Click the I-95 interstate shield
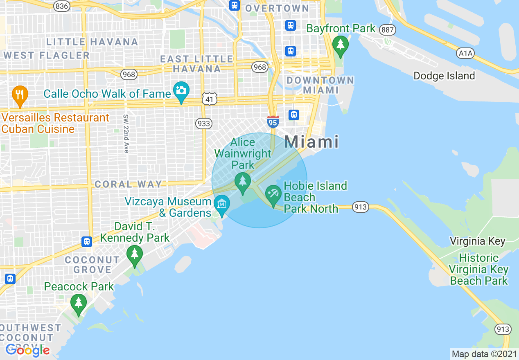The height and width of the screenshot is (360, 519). tap(273, 121)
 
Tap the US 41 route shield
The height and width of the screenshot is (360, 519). tap(209, 99)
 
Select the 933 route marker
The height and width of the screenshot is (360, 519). tap(203, 123)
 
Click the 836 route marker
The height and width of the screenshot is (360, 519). tap(62, 6)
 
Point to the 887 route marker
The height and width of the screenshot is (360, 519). tap(387, 30)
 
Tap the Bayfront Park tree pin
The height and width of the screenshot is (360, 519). tap(340, 46)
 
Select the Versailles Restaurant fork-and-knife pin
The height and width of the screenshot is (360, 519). tap(20, 95)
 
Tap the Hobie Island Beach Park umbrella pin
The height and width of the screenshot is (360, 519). tap(273, 195)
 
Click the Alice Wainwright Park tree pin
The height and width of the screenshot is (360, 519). tap(243, 182)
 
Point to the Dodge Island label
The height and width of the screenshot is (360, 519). tap(444, 76)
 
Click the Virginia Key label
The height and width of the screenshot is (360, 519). tap(477, 241)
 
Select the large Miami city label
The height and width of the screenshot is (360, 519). tap(311, 142)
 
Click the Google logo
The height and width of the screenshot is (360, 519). tap(28, 350)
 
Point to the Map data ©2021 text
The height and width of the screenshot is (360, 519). tap(484, 354)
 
